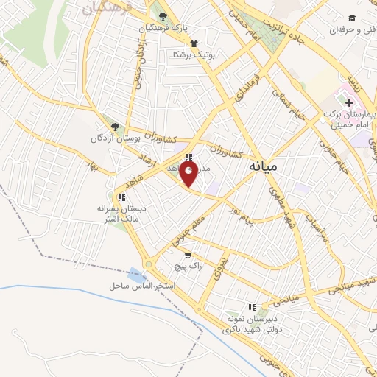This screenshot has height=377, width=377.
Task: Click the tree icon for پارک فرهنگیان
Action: (x=163, y=16)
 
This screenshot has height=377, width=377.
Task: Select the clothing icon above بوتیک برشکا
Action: (x=193, y=43)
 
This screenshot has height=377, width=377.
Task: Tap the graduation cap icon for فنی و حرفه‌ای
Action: (x=352, y=18)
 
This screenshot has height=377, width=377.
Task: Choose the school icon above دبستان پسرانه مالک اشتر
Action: (x=121, y=197)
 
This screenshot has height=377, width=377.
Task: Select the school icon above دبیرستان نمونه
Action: (x=252, y=307)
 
